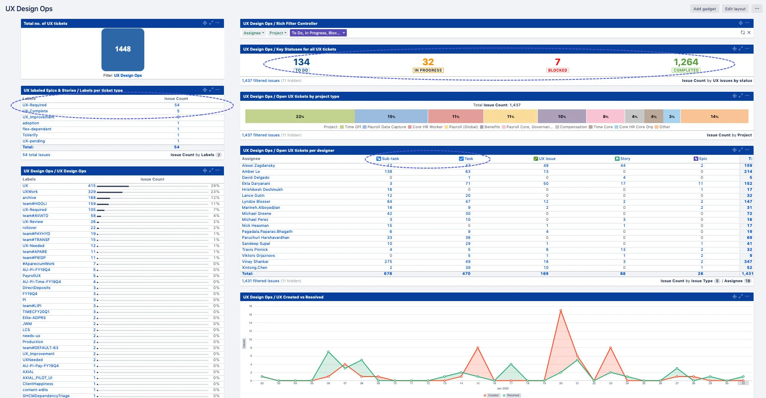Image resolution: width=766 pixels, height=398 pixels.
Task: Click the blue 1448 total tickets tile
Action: tap(122, 49)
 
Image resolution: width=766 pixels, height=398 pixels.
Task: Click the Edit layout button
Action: tap(735, 9)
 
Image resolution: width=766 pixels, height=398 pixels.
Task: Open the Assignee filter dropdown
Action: tap(253, 33)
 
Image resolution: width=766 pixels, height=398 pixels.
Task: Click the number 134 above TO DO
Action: tap(301, 62)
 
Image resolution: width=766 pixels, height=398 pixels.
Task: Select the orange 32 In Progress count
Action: tap(428, 62)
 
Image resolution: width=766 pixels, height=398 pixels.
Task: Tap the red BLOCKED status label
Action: tap(557, 70)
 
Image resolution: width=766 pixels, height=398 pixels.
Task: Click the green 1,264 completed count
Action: tap(686, 62)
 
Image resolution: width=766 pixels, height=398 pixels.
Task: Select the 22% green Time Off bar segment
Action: tap(300, 117)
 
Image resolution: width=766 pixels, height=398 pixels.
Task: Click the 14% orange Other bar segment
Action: tap(714, 117)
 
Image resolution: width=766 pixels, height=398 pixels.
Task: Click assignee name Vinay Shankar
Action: tap(255, 262)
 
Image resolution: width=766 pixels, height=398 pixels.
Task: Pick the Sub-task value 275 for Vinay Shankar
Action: tap(388, 262)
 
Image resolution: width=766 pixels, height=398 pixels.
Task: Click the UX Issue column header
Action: tap(547, 159)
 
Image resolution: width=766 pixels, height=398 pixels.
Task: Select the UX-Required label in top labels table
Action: tap(35, 105)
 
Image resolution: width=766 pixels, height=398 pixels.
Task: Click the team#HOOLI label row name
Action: tap(35, 204)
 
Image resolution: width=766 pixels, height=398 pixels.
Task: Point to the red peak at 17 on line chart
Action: tap(560, 310)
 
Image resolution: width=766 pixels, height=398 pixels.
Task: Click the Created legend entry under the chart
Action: tap(491, 395)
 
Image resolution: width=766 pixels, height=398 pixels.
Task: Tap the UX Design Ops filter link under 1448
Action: tap(128, 75)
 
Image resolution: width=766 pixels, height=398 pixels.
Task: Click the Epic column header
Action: tap(703, 159)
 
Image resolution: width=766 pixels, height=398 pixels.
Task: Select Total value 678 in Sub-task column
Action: tap(387, 274)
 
